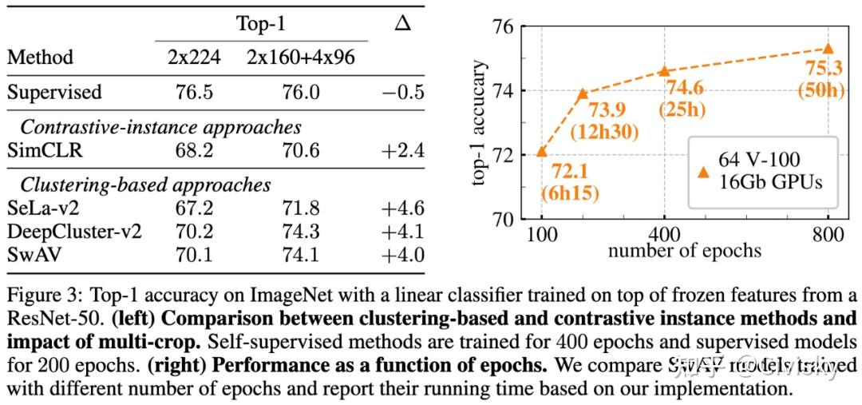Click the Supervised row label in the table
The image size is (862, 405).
[54, 92]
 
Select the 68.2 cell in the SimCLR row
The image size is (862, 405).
[194, 150]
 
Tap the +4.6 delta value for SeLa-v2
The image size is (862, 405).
[402, 209]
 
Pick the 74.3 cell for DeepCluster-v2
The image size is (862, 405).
[302, 232]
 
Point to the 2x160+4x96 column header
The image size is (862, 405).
[302, 58]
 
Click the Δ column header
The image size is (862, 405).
[402, 24]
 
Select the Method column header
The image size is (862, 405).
[40, 58]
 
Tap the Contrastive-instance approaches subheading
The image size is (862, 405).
[160, 126]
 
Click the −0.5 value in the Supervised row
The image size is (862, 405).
[402, 92]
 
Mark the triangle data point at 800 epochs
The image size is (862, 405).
[828, 49]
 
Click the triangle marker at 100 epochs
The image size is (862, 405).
[541, 151]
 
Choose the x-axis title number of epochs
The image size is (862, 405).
[684, 251]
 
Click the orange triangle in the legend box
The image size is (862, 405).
[703, 172]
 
